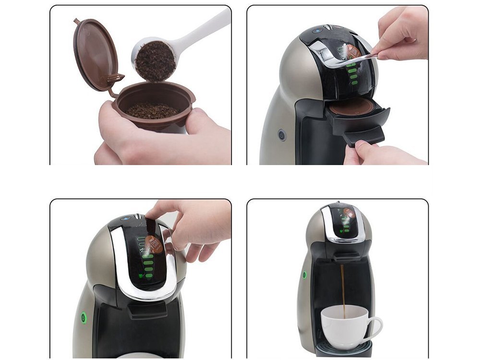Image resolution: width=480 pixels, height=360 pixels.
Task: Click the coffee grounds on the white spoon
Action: click(155, 61)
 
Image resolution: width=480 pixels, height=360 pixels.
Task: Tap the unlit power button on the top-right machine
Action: click(282, 136)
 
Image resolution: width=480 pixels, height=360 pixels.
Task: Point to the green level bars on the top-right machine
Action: click(354, 76)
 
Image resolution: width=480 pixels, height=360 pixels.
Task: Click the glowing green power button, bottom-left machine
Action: click(84, 317)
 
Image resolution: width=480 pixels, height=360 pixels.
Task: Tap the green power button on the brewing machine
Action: click(304, 276)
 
